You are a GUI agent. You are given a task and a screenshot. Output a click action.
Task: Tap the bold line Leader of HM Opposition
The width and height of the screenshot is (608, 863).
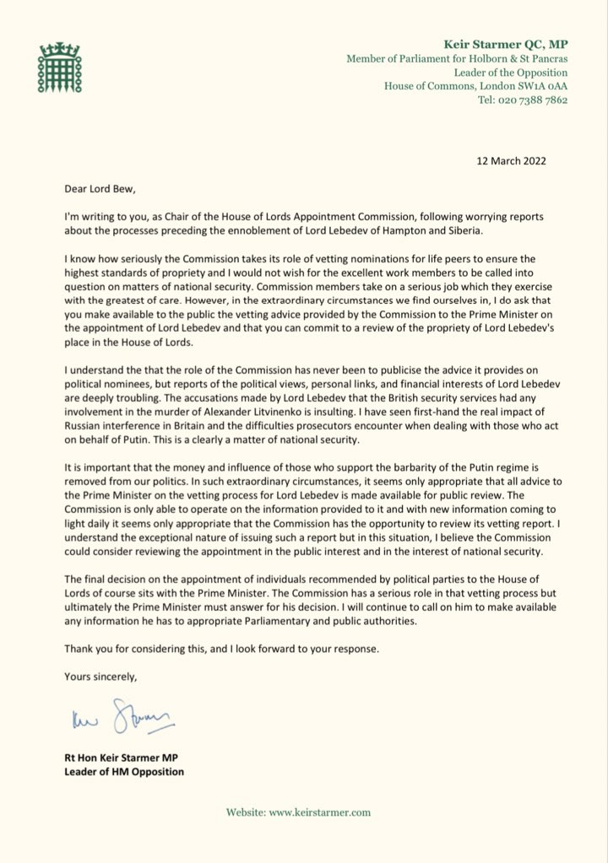(x=124, y=771)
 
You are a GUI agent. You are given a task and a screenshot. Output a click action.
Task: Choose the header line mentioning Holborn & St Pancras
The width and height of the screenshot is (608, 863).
(x=457, y=57)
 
